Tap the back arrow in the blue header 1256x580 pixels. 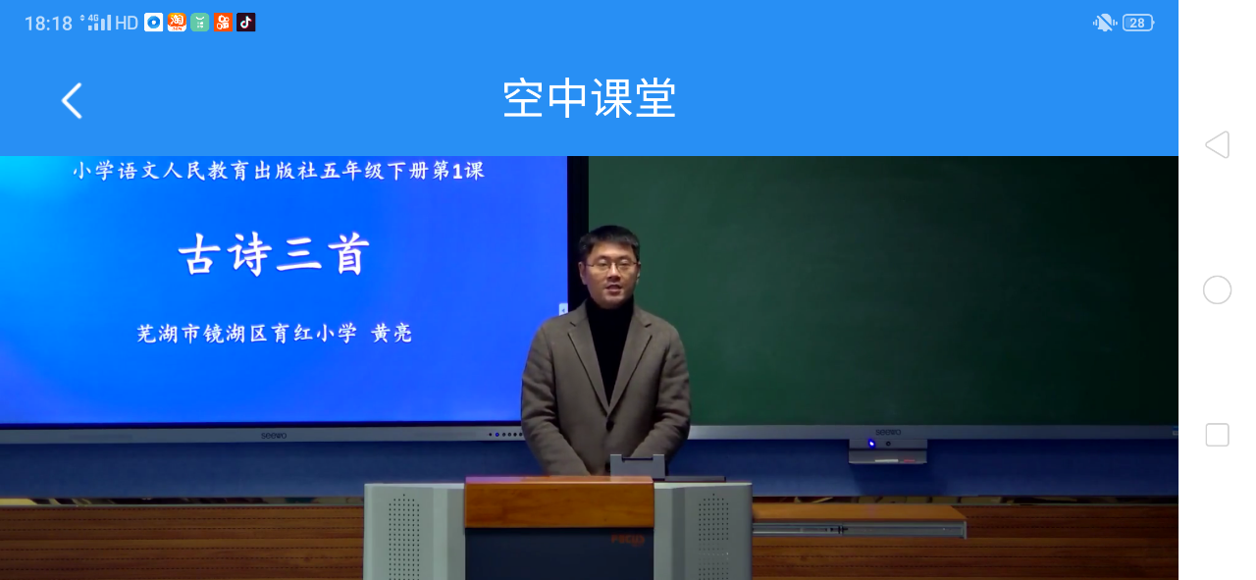click(x=72, y=101)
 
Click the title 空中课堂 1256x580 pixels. click(x=590, y=99)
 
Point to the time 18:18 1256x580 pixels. click(x=48, y=24)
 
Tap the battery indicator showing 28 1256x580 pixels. click(x=1137, y=23)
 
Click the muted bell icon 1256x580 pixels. click(x=1104, y=23)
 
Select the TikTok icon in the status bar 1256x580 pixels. click(x=245, y=23)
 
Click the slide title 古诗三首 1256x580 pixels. click(x=274, y=254)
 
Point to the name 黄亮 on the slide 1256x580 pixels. click(x=392, y=334)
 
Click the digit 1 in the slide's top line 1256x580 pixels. click(x=457, y=172)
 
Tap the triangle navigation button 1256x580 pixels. click(x=1218, y=144)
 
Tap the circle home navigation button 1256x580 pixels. click(x=1218, y=290)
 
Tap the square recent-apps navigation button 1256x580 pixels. click(x=1218, y=435)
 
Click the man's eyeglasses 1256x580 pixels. click(x=611, y=265)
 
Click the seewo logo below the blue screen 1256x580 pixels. click(x=274, y=436)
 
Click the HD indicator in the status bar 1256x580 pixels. click(x=127, y=23)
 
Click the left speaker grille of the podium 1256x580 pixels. click(x=403, y=537)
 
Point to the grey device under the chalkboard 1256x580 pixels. click(x=888, y=450)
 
